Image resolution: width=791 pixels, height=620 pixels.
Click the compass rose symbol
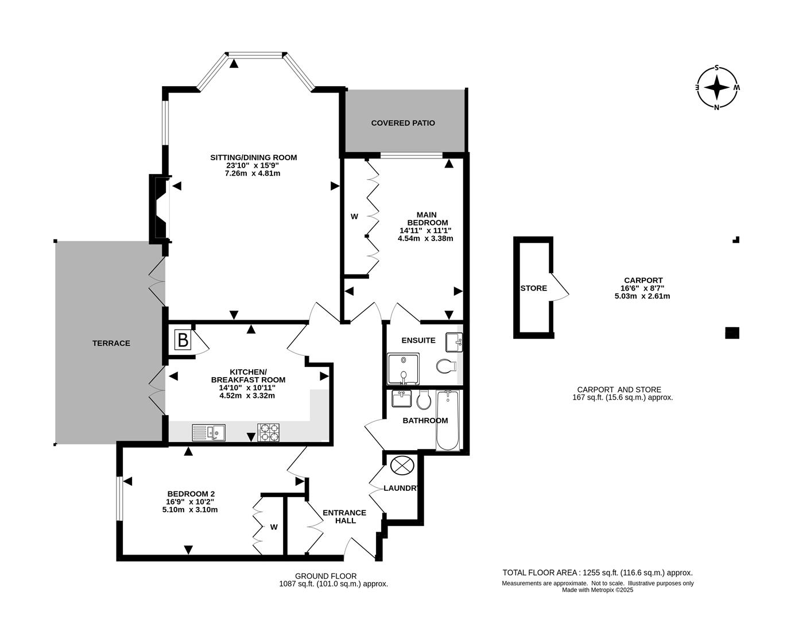716,88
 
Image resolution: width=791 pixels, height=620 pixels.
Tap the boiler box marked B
183,340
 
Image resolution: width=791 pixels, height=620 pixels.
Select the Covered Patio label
403,123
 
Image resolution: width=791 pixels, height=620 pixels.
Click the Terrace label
111,343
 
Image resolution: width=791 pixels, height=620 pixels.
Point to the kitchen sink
209,432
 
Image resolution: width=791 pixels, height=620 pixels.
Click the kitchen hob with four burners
269,432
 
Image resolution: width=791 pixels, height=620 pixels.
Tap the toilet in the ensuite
445,366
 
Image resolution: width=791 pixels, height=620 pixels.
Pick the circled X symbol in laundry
402,464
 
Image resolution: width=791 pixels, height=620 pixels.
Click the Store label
533,288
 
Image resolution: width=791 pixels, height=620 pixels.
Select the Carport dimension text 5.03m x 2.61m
642,296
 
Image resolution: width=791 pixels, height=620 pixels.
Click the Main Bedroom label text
426,219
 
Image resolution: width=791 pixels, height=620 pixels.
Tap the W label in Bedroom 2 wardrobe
274,527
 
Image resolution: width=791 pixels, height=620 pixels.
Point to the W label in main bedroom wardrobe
354,216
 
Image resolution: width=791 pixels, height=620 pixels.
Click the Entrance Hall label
344,517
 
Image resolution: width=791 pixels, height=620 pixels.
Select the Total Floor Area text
598,572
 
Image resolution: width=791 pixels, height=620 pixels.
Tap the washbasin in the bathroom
402,398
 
